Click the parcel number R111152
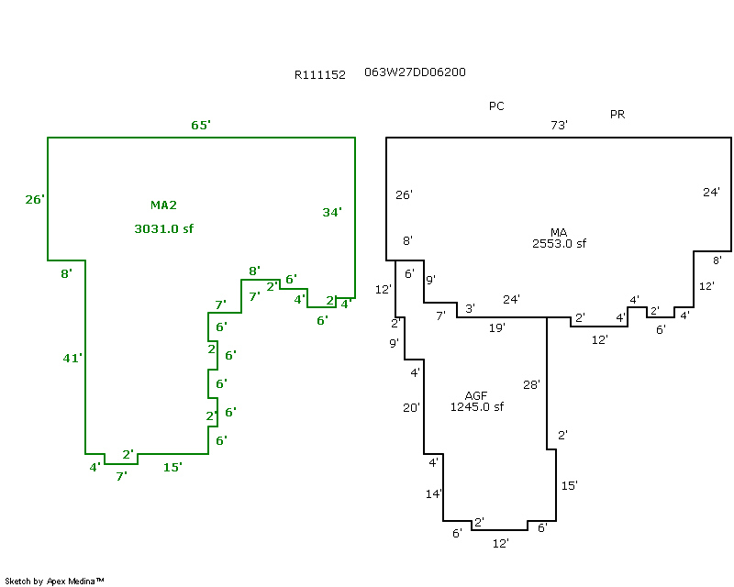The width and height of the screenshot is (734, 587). [x=319, y=75]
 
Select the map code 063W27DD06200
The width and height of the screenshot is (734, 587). [x=420, y=72]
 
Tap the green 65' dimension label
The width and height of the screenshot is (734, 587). [x=201, y=125]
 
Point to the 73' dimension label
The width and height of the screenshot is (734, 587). [x=559, y=125]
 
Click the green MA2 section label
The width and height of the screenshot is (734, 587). [x=163, y=205]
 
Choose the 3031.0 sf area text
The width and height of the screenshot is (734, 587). [x=163, y=228]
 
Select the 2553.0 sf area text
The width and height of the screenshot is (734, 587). [x=559, y=243]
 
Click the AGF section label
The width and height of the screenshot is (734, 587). [x=476, y=396]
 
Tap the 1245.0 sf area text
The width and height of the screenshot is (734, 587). [x=476, y=407]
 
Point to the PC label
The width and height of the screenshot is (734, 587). [x=496, y=106]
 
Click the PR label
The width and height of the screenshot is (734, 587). [x=617, y=114]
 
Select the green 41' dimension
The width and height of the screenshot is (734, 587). [x=72, y=359]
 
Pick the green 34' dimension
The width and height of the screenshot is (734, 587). [x=332, y=212]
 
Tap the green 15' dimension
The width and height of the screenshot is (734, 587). [x=172, y=468]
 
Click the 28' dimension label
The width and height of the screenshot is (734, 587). [x=532, y=384]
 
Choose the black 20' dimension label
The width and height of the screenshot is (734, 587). [x=410, y=407]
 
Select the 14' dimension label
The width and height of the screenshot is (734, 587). [x=434, y=494]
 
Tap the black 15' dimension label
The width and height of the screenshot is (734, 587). [x=569, y=485]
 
